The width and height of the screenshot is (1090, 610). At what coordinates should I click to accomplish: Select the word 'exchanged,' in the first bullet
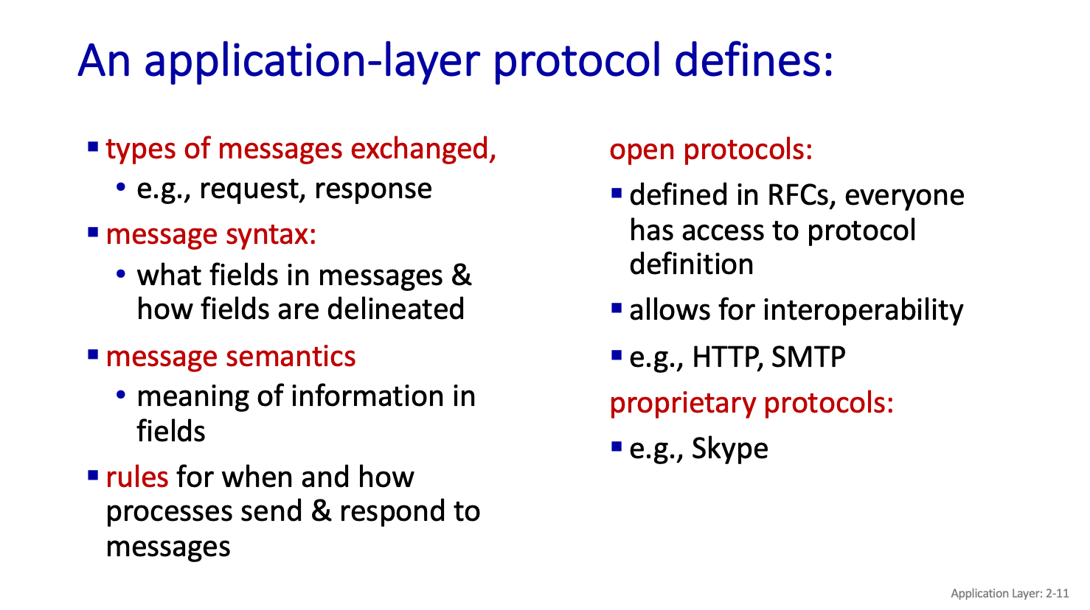point(423,149)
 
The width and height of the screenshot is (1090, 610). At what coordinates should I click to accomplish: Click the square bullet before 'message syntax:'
point(93,232)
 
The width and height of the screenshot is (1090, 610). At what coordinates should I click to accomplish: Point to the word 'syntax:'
point(271,235)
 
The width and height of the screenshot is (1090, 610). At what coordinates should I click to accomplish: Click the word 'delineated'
point(395,309)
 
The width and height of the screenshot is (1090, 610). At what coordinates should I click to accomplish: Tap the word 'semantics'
point(291,357)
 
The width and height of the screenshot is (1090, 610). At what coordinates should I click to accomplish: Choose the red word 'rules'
point(137,477)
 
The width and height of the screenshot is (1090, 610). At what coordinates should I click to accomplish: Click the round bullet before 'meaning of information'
point(121,394)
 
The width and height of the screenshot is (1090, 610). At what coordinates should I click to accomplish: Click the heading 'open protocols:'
point(711,150)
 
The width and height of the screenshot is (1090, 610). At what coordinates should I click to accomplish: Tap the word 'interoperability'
point(863,311)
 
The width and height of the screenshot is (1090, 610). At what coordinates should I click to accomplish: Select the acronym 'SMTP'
point(808,357)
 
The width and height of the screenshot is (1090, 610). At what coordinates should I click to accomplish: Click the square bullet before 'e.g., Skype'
point(617,446)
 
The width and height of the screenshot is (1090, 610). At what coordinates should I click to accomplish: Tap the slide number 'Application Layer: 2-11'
point(1010,594)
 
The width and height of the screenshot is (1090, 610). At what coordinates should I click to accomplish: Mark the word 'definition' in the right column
point(692,264)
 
